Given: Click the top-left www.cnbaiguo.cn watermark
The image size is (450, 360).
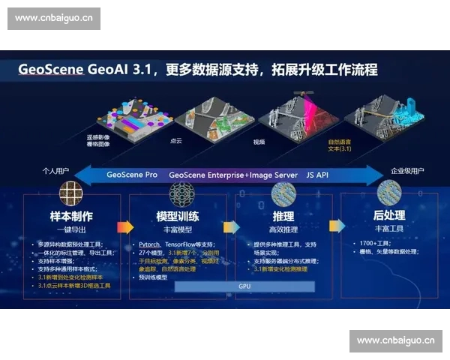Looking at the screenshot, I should click(54, 19).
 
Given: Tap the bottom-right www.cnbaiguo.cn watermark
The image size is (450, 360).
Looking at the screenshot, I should click(395, 340).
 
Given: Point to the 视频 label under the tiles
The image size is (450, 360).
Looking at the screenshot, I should click(259, 140).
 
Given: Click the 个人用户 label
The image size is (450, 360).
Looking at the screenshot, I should click(58, 172).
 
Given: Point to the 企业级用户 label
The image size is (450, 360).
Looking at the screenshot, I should click(402, 172).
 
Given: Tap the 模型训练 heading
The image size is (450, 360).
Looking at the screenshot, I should click(177, 216).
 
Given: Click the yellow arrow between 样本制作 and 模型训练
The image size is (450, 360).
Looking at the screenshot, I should click(125, 226).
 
